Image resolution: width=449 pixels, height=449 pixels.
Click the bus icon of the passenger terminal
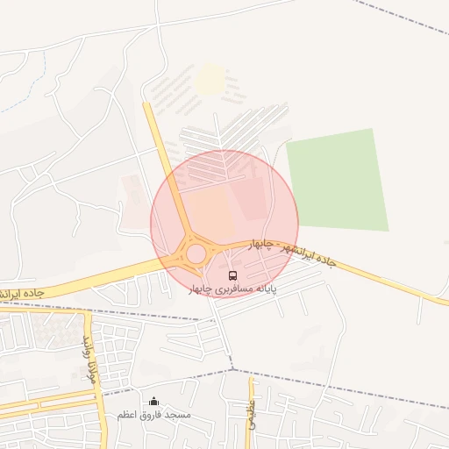232,275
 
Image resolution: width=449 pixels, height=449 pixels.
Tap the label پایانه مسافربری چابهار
232,289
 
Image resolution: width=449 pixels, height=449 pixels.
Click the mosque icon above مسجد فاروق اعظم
154,402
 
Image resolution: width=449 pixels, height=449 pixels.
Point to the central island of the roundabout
196,253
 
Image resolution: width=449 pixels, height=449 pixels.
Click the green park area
338,180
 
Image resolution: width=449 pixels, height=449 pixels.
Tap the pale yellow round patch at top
210,80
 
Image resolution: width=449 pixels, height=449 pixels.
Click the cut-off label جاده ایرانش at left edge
21,290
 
